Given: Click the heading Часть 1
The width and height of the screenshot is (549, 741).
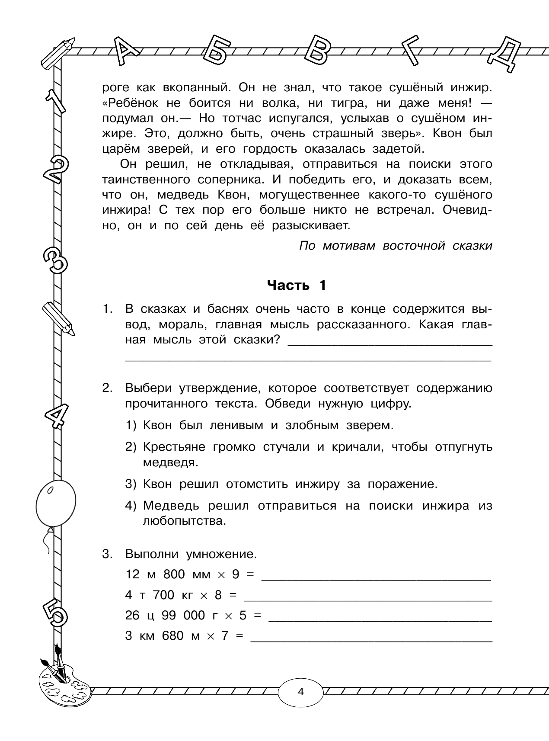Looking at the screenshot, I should (x=297, y=285).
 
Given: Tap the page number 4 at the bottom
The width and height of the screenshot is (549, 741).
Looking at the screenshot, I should (x=301, y=691).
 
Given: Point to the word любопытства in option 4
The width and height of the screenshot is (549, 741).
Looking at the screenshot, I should (x=185, y=521).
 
